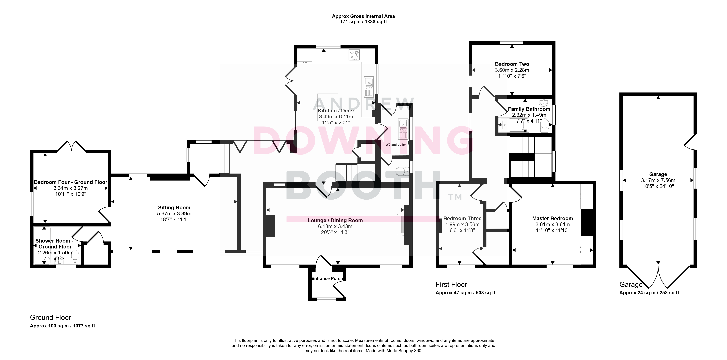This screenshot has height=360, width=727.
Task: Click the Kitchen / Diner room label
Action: [x=336, y=111]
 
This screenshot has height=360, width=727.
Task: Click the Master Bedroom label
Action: [x=552, y=218]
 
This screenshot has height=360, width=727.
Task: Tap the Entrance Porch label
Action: [x=327, y=279]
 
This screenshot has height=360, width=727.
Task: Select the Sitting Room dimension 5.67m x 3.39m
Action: [x=174, y=214]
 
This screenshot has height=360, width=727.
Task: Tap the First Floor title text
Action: [x=451, y=284]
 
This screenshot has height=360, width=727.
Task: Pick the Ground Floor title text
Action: [x=51, y=317]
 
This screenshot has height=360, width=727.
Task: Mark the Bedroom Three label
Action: [x=462, y=218]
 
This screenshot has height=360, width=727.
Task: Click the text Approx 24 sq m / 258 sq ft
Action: [x=649, y=293]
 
